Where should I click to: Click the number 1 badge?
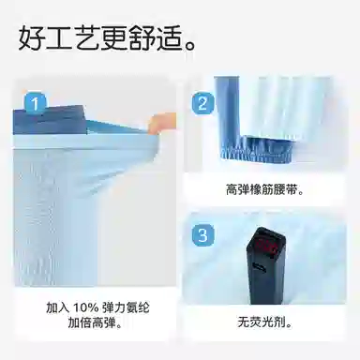(x=35, y=102)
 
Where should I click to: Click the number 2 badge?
(x=202, y=102)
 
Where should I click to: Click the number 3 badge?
(x=202, y=234)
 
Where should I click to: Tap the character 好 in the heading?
(x=31, y=37)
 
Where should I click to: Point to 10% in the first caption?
(x=86, y=308)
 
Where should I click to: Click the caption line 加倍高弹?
(x=96, y=322)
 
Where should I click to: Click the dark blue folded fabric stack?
(x=50, y=120)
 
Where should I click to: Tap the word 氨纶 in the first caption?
(x=137, y=308)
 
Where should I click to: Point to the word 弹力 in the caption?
(x=113, y=308)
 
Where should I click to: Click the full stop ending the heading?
(x=189, y=46)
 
